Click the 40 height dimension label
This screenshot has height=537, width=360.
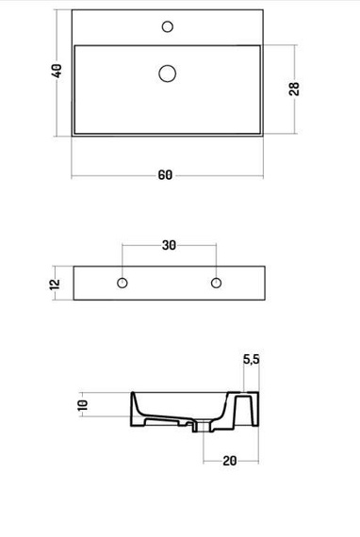point(57,71)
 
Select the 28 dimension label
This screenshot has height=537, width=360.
point(294,89)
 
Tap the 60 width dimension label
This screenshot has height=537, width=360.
point(165,175)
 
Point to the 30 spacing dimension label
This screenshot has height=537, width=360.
point(170,245)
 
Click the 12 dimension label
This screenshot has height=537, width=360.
point(55,285)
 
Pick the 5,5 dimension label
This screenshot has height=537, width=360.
point(252,359)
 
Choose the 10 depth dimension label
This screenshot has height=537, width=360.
point(83,405)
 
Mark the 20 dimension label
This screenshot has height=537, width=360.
point(230,461)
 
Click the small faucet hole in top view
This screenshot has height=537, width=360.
point(168,26)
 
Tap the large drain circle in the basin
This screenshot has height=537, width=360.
point(168,73)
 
